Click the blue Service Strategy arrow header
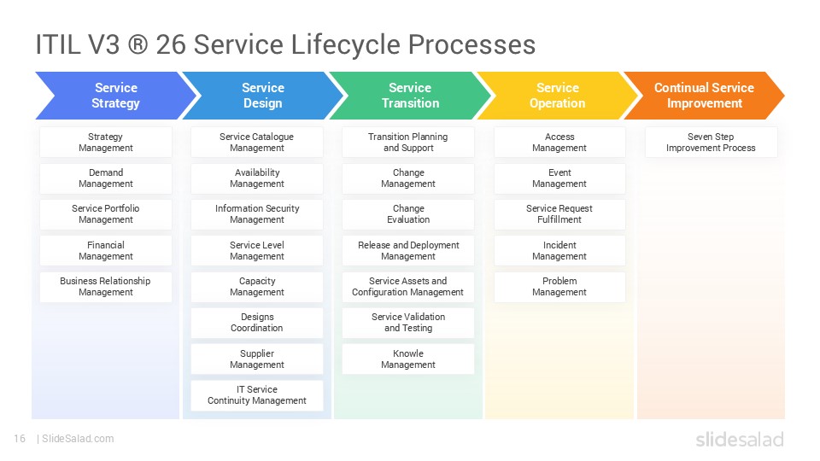pos(115,96)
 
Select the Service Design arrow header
pos(262,96)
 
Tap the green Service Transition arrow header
pos(410,96)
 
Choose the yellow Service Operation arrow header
pos(557,96)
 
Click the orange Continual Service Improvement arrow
pos(704,96)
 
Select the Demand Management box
pos(106,178)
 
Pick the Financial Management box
pos(106,251)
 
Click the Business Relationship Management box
pos(106,287)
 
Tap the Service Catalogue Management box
pos(257,143)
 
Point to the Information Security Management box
pos(257,214)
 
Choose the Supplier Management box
pos(257,359)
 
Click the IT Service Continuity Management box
pos(257,395)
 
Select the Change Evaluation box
pos(408,214)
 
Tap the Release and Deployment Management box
pos(408,251)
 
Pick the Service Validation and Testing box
pos(408,323)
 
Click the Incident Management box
pos(559,251)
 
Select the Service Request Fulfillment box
pos(559,214)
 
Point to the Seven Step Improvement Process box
pos(711,143)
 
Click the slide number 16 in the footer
pos(20,439)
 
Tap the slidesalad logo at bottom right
pos(739,440)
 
